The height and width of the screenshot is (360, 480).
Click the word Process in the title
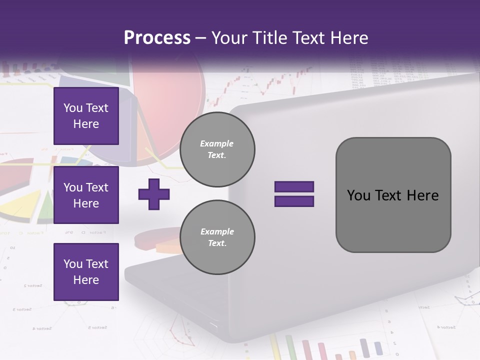point(157,38)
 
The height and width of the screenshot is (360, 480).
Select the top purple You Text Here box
point(86,116)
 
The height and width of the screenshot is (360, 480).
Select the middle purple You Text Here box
point(86,195)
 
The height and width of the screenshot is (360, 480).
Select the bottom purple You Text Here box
point(86,271)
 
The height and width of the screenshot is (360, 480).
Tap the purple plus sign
point(154,194)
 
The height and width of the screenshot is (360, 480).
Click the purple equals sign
point(294,194)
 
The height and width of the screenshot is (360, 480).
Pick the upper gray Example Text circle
point(217,149)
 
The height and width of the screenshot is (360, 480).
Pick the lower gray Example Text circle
point(217,237)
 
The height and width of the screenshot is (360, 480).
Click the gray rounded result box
point(393,195)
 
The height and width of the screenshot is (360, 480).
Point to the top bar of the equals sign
point(294,187)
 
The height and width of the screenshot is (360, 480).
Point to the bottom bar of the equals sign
point(294,201)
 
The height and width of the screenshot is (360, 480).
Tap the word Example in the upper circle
point(217,143)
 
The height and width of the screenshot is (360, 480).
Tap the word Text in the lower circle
point(217,243)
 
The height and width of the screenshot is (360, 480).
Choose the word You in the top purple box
point(73,108)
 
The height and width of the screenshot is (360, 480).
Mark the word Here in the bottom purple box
point(86,280)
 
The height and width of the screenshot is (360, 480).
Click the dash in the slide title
point(201,38)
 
